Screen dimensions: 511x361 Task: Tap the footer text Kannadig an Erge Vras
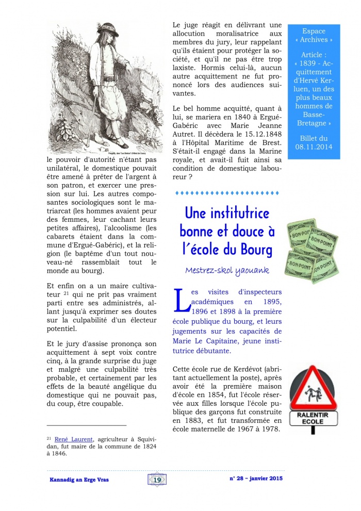pos(79,480)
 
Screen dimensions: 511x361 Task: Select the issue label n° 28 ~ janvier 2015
pos(256,479)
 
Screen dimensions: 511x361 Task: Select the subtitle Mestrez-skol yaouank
pos(227,270)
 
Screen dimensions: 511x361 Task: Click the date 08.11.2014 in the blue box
pos(315,147)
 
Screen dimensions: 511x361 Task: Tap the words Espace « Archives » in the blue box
pos(314,36)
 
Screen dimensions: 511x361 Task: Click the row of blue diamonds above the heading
pos(226,193)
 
